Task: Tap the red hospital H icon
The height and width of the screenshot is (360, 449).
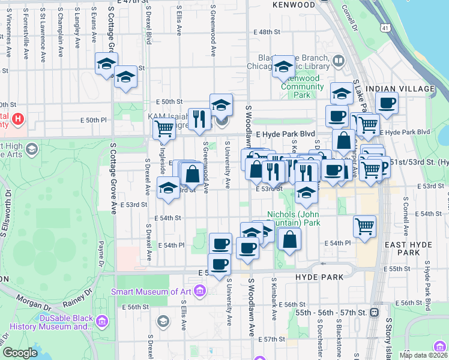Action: (x=18, y=119)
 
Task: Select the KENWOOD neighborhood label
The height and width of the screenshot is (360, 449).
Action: (x=293, y=5)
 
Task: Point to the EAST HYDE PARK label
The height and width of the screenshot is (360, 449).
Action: (x=411, y=248)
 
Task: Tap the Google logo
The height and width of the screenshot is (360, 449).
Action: (x=20, y=353)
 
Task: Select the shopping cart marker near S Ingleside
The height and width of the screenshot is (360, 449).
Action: (x=163, y=127)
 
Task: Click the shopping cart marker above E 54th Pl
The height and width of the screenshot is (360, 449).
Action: (x=365, y=226)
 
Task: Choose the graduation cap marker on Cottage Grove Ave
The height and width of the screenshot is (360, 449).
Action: (x=106, y=64)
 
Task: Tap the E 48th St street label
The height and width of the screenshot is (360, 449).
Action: (x=267, y=32)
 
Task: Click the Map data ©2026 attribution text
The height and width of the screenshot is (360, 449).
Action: (x=423, y=355)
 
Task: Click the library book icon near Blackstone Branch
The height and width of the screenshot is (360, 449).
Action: (x=339, y=61)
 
